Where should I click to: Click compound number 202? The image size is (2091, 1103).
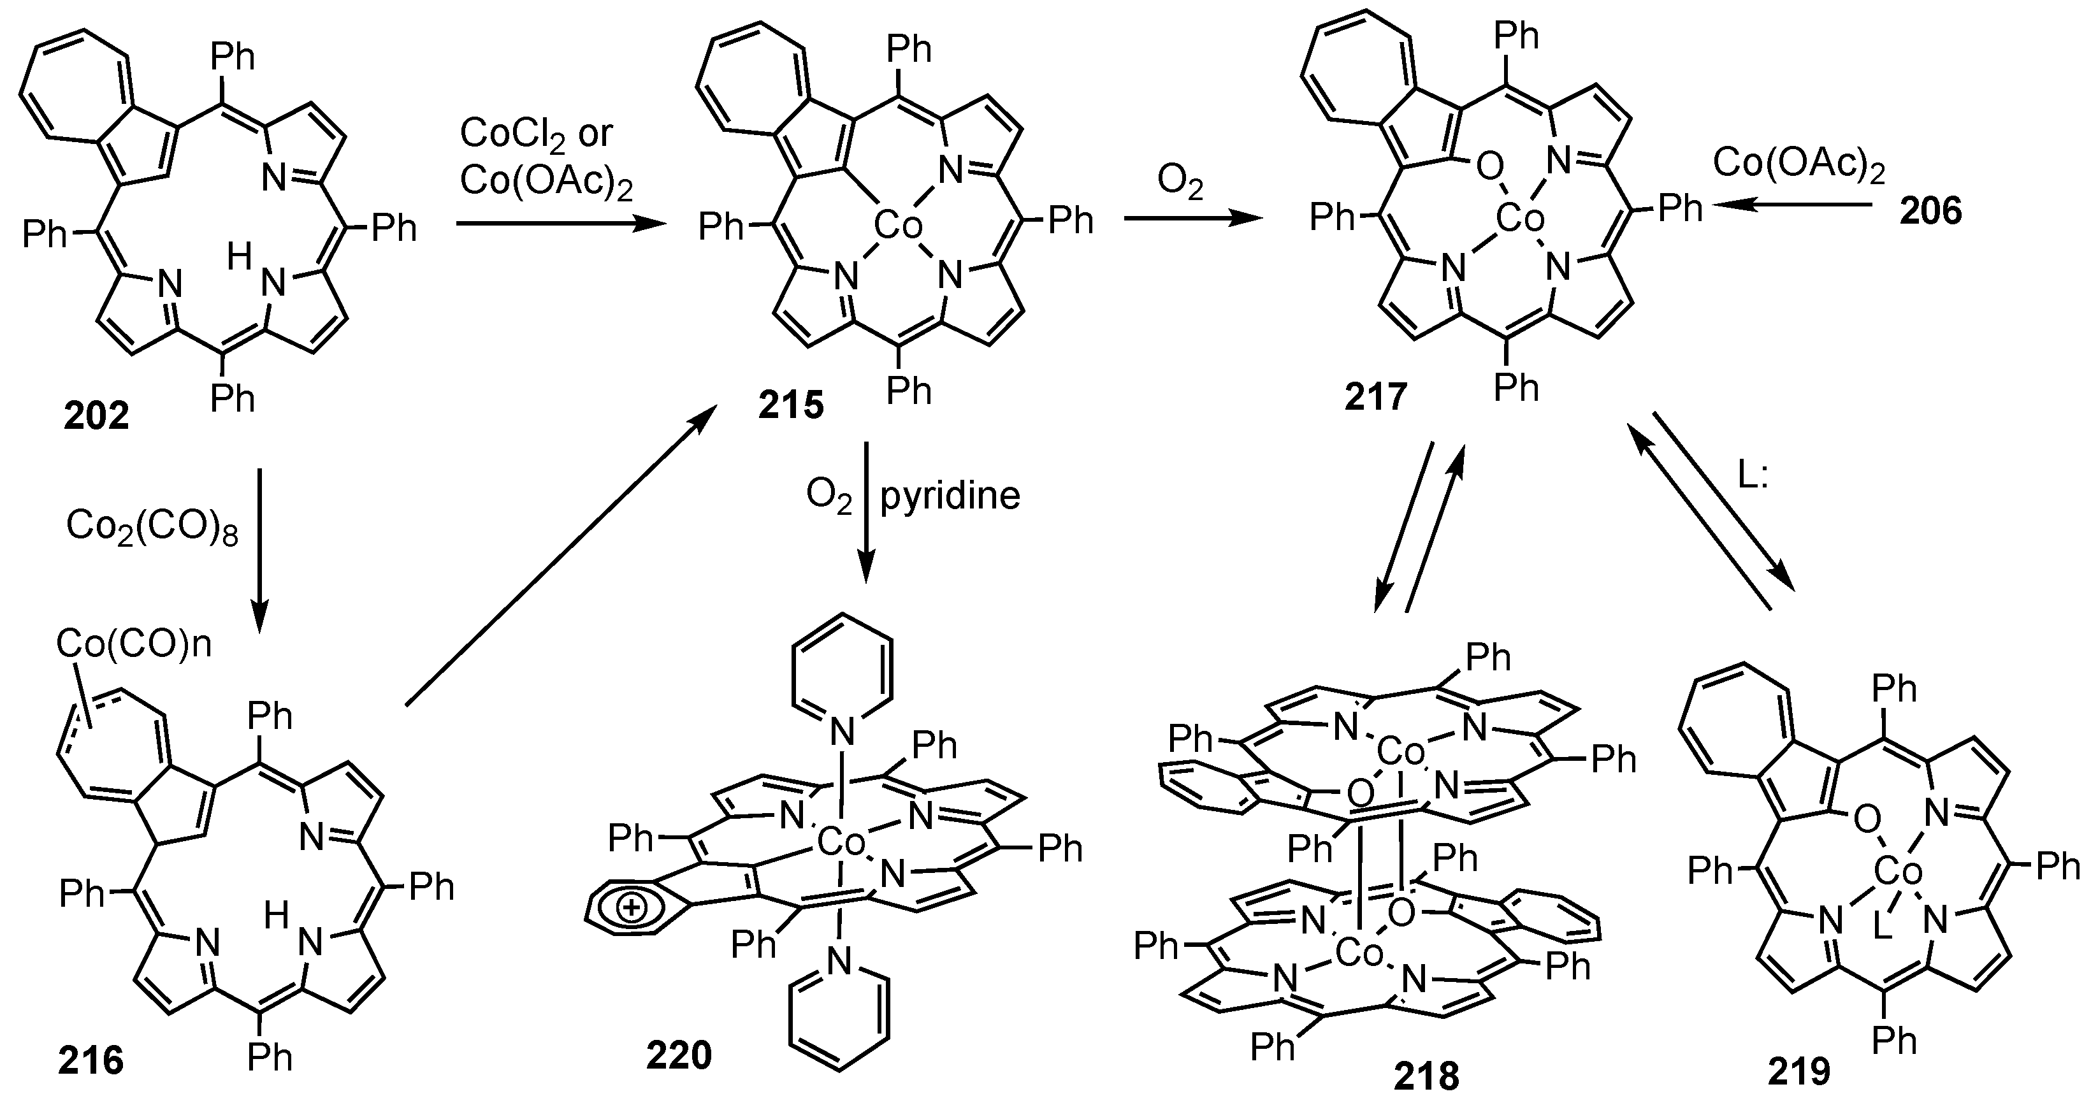pyautogui.click(x=97, y=416)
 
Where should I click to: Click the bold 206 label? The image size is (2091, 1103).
pyautogui.click(x=1930, y=211)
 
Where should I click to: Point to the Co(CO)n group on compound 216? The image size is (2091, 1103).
pyautogui.click(x=134, y=644)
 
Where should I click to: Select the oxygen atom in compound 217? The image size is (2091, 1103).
pyautogui.click(x=1489, y=169)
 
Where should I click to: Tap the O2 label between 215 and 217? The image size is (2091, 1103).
pyautogui.click(x=1180, y=184)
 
